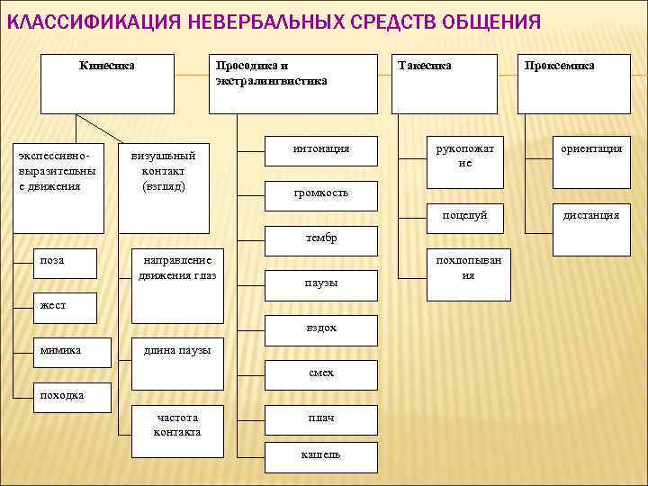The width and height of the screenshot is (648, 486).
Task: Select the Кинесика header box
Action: click(107, 83)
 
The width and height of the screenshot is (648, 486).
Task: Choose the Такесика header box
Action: click(444, 83)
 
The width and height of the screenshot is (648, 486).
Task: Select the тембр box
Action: click(320, 238)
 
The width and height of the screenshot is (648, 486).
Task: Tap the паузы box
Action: click(320, 283)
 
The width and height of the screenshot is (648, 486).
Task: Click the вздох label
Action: click(320, 328)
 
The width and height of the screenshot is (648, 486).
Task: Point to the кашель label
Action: click(320, 455)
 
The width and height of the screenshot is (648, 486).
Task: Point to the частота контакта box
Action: click(177, 431)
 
